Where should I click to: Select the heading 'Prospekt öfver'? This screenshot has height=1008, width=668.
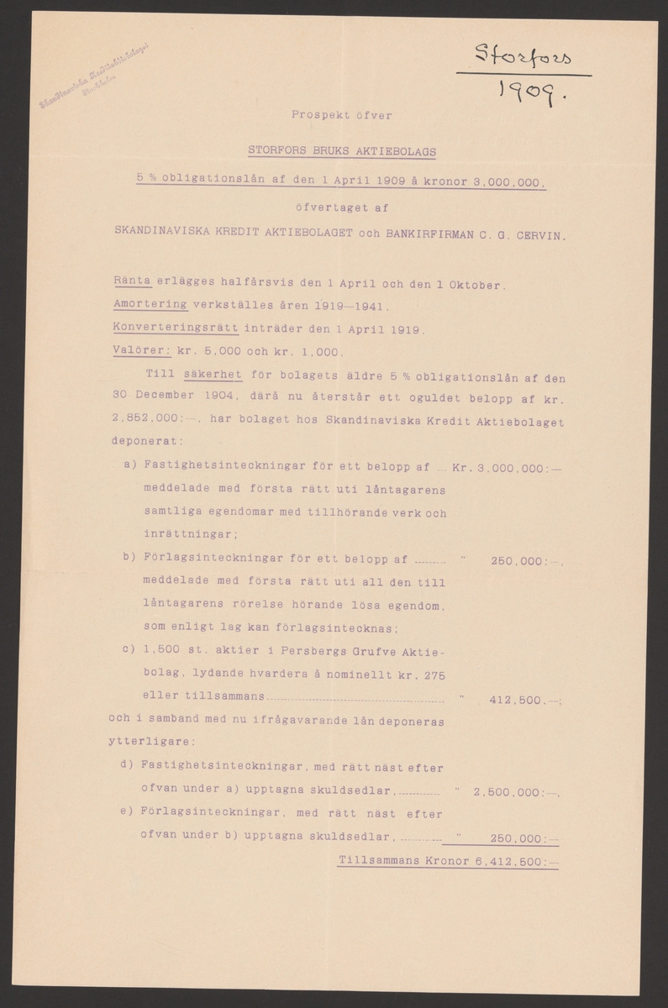point(341,115)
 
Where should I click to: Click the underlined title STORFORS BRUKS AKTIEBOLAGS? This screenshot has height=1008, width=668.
point(341,152)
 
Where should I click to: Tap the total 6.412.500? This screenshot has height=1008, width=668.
point(514,861)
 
